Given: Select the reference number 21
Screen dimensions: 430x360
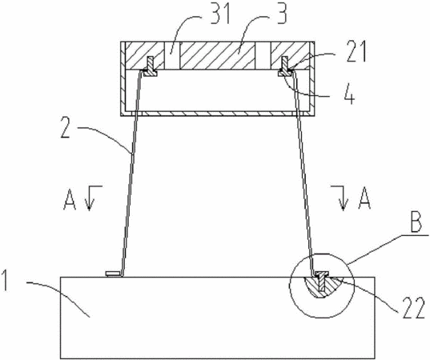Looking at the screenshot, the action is pos(356,52).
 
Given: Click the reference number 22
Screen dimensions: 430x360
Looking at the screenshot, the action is pos(413,309).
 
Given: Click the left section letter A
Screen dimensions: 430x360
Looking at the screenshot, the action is pos(70,198).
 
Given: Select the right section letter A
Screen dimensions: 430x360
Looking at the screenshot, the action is pos(364,198).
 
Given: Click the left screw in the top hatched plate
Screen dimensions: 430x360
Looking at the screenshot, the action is pos(151,66).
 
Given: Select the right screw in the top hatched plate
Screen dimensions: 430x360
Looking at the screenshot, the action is pos(285,66).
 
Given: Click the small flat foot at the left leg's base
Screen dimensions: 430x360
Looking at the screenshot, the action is pos(113,274).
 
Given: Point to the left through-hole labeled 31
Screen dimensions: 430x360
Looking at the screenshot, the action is pos(171,56).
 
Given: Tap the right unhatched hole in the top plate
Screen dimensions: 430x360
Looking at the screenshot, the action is pos(263,56).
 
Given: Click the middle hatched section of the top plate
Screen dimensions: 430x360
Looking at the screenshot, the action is pos(217,56).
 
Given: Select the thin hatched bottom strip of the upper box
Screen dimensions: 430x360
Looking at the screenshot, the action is pos(218,114).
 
